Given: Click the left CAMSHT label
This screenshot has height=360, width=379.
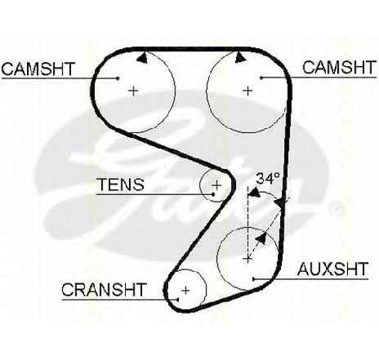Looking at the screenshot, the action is pos(38,69).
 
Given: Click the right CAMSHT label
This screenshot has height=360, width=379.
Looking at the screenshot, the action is pos(339,68).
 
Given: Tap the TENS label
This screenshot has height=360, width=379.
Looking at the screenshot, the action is pos(121,184).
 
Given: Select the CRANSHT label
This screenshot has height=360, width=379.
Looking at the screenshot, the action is pos(104,290).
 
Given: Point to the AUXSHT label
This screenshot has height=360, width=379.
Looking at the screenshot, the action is pos(332,269).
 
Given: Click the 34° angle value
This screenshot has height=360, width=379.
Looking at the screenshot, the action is pos(268,178).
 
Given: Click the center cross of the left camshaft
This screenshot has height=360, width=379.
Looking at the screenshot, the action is pos(133,91).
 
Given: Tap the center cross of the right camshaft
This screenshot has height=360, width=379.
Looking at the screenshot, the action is pos(247,91).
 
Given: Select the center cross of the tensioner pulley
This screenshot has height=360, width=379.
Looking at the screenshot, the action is pos(216,185).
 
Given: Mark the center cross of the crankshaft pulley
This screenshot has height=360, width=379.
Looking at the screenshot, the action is pos(185,291).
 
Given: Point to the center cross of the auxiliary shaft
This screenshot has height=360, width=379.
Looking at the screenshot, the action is pos(247,259).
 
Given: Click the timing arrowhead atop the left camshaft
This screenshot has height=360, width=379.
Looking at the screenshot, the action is pos(142,58).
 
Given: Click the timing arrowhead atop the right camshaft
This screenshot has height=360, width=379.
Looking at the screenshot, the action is pos(240,57).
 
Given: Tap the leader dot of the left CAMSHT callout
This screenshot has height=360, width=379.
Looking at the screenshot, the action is pos(118,78).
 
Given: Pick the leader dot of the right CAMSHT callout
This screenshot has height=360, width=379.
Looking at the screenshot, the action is pos(261,78).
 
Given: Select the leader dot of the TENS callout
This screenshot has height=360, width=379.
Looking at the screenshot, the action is pos(213,194).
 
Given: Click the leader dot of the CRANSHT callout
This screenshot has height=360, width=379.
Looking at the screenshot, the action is pos(177,300).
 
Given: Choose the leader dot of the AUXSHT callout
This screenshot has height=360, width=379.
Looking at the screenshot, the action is pos(253,279).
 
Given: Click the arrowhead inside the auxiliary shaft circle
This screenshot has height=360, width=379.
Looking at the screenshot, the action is pos(261,238).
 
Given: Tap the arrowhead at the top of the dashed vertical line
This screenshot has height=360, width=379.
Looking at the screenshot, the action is pos(254,193).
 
